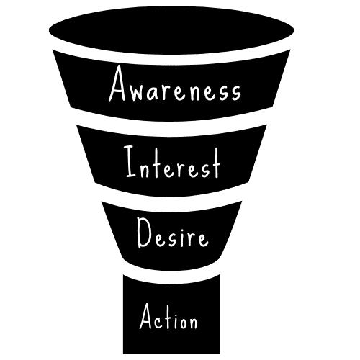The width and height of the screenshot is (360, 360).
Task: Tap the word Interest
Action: (172, 162)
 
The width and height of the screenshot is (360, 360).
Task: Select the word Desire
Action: (173, 233)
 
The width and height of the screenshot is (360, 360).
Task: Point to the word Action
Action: (168, 316)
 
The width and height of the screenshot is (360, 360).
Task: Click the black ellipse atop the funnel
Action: (171, 30)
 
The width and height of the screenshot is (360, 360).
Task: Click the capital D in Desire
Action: (144, 233)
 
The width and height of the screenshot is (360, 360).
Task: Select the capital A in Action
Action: (146, 316)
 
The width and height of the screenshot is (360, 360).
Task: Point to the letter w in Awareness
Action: (137, 92)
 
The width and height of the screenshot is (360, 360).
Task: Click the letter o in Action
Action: (181, 322)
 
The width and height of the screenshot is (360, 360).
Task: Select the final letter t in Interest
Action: (216, 163)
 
